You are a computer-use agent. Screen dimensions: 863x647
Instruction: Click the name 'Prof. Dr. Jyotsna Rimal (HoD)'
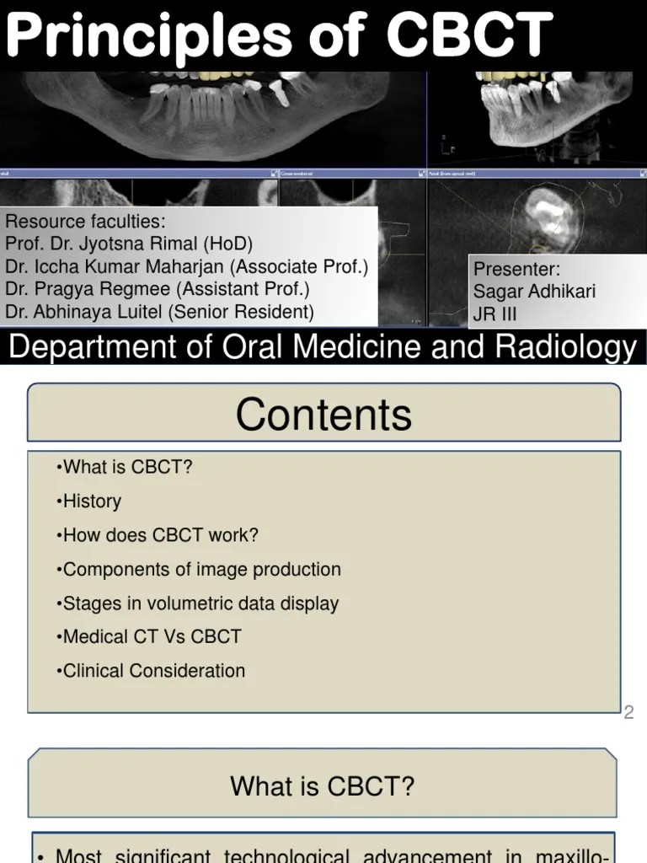tap(129, 244)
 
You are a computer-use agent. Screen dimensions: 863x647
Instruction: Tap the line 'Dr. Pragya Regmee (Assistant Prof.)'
tap(158, 289)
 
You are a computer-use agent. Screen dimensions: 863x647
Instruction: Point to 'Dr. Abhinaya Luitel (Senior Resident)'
tap(159, 312)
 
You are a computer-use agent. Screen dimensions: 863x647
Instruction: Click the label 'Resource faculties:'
tap(86, 222)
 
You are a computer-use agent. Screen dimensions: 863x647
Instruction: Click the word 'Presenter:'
tap(516, 269)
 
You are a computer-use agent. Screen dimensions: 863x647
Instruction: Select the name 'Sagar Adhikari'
tap(535, 292)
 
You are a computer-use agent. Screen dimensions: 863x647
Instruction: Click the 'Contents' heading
tap(323, 415)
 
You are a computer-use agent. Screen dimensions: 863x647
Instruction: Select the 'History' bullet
tap(90, 501)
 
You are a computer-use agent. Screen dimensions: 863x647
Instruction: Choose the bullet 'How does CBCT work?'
tap(158, 535)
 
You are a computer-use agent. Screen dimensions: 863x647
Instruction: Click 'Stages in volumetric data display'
tap(198, 603)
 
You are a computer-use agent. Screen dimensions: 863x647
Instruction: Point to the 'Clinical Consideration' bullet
tap(152, 672)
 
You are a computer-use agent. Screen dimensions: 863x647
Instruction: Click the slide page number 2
tap(628, 714)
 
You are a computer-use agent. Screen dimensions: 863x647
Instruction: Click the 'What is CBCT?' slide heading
tap(323, 787)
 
